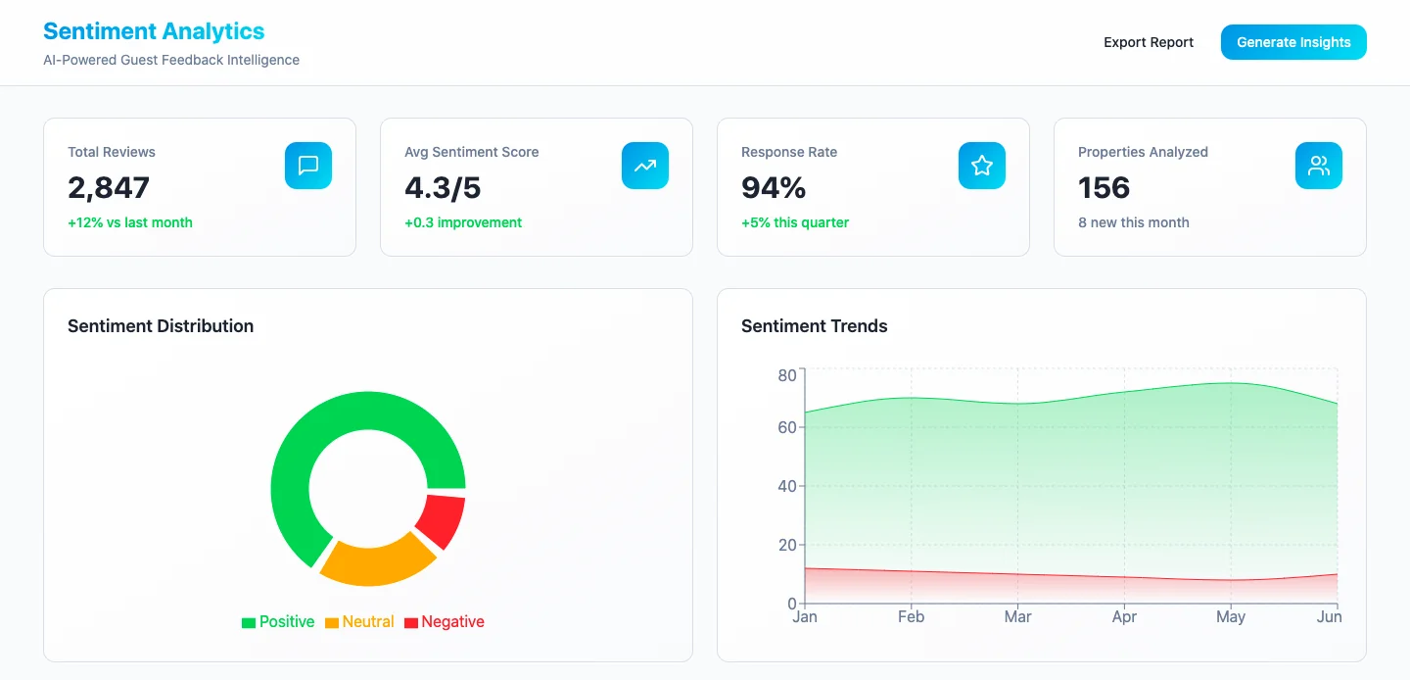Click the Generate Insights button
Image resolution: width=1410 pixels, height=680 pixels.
point(1292,42)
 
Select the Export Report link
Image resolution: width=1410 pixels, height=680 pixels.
point(1149,42)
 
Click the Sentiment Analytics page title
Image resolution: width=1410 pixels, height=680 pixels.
point(154,31)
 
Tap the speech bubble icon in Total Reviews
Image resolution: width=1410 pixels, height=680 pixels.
point(308,166)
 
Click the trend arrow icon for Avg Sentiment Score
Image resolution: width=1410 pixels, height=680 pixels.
point(645,166)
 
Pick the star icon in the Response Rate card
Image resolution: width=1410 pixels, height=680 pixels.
point(982,166)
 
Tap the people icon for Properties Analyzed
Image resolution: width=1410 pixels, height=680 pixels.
point(1319,166)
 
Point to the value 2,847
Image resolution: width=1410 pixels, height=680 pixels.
point(109,187)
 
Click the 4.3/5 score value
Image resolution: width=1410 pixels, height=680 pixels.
point(443,187)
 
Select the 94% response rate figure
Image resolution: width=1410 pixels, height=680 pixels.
point(774,187)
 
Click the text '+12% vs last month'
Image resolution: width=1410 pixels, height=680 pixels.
point(130,222)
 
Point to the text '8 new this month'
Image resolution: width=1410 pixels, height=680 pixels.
point(1134,222)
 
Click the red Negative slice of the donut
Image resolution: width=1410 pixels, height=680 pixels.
point(442,521)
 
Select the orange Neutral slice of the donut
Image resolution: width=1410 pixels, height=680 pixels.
point(376,560)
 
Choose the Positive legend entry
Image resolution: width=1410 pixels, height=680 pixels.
point(278,622)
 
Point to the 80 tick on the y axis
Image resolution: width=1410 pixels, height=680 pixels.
point(787,375)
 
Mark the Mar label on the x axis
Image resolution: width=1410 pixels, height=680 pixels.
point(1017,617)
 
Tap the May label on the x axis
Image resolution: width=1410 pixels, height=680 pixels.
point(1231,617)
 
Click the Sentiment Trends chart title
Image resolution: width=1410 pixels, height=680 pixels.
point(815,326)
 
